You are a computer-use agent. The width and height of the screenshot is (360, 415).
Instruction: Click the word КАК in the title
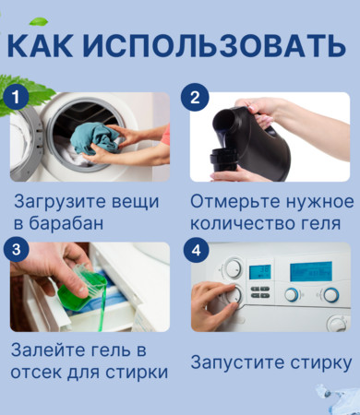[40, 45]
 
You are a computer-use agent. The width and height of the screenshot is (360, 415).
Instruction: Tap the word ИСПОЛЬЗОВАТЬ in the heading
[214, 45]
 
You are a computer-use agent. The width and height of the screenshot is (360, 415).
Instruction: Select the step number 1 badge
[16, 97]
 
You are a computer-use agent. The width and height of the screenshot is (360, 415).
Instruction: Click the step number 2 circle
[195, 97]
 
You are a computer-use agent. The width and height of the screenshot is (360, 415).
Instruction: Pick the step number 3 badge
[16, 249]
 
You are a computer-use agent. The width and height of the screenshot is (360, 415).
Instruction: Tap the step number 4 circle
[196, 250]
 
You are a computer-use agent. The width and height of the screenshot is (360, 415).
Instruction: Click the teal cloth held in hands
[95, 138]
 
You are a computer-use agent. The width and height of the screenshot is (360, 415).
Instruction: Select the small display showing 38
[260, 272]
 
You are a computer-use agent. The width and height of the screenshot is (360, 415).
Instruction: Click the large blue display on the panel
[311, 271]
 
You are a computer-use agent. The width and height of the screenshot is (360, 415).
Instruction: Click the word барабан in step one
[66, 223]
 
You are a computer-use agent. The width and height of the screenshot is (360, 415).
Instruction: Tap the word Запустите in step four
[238, 363]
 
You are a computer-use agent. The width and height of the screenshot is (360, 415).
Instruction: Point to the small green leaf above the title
[39, 21]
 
